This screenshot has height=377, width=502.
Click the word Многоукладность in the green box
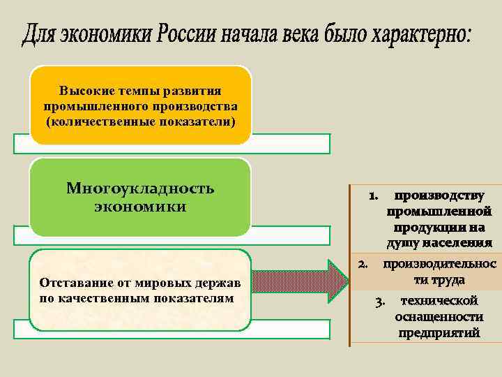pos(140,188)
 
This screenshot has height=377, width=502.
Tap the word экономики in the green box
pos(140,207)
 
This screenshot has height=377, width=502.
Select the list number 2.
pos(363,264)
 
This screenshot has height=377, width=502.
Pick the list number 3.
pos(380,302)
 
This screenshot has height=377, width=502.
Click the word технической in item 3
pos(439,301)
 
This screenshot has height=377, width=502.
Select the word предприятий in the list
pos(439,333)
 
